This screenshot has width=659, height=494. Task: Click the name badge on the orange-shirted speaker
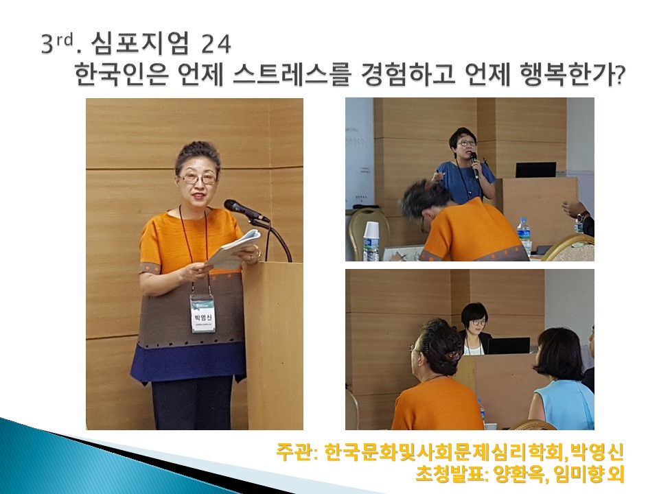pos(203,313)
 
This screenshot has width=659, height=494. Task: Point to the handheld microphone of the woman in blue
pos(474,164)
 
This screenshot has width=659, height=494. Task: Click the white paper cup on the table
pos(372,241)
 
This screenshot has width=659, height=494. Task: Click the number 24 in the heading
pos(216,44)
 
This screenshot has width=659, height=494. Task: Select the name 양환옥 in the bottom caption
pos(516,475)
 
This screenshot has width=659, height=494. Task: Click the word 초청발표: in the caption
pos(452,475)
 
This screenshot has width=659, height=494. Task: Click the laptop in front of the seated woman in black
pos(509,346)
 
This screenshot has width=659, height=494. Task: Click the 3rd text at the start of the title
pos(58,43)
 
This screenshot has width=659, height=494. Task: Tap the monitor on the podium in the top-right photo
pos(536,170)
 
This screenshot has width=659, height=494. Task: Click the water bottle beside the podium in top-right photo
pos(524,237)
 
